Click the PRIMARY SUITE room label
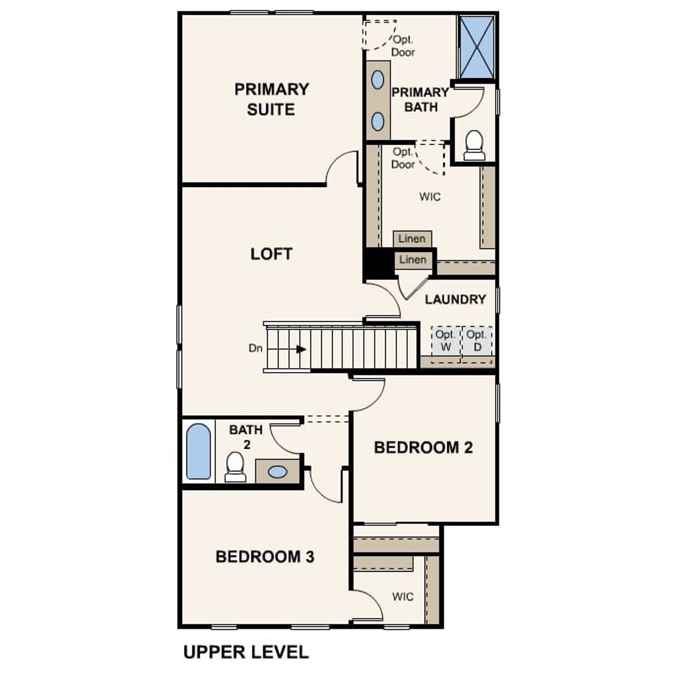click(x=271, y=99)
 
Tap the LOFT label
click(x=271, y=254)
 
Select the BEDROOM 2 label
click(x=423, y=448)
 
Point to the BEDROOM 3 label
click(x=265, y=557)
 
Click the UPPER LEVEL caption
click(x=246, y=652)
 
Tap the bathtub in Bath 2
click(x=199, y=452)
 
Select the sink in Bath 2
click(x=277, y=472)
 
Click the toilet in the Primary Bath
click(x=474, y=145)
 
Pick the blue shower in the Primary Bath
click(x=476, y=47)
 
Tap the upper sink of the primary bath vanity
click(x=377, y=80)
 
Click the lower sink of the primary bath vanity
click(x=377, y=121)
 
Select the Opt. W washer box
click(x=446, y=341)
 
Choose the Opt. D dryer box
click(x=477, y=341)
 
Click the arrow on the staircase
click(x=301, y=349)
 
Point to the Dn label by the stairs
click(x=256, y=349)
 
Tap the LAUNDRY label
click(x=455, y=299)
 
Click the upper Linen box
click(x=412, y=239)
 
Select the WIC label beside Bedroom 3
click(x=402, y=597)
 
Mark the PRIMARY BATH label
click(x=420, y=99)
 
